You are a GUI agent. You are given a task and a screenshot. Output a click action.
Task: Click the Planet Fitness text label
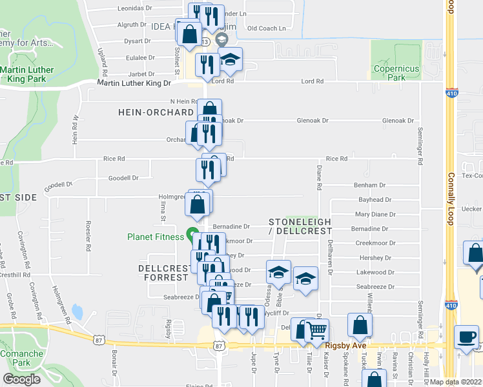(x=155, y=237)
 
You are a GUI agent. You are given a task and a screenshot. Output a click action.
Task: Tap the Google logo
(x=21, y=379)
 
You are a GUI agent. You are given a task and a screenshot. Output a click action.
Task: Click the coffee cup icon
(x=466, y=336)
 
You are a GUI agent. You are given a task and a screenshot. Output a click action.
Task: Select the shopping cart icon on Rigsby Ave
(x=316, y=331)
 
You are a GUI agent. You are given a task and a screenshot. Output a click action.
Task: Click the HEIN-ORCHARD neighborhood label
(x=152, y=112)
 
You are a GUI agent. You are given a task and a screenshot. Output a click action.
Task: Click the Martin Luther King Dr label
(x=134, y=83)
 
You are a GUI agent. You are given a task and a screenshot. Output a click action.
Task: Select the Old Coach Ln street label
(x=266, y=28)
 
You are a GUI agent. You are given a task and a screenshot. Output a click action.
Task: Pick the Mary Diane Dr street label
(x=373, y=214)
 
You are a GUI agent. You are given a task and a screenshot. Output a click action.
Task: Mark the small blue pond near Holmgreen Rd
(x=77, y=313)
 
